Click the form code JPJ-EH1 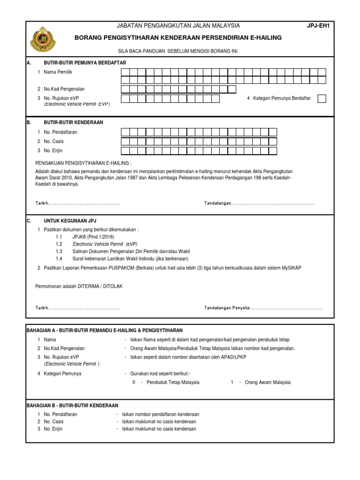pyautogui.click(x=318, y=26)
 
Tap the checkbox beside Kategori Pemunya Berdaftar pyautogui.click(x=322, y=98)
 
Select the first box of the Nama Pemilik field pyautogui.click(x=125, y=72)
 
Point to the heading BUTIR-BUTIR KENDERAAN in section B pyautogui.click(x=73, y=122)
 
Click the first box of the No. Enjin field pyautogui.click(x=125, y=150)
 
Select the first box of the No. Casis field pyautogui.click(x=125, y=141)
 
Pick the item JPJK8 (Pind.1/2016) pyautogui.click(x=93, y=237)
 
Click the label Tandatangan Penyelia pyautogui.click(x=226, y=308)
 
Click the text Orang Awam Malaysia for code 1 pyautogui.click(x=268, y=382)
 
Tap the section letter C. pyautogui.click(x=29, y=220)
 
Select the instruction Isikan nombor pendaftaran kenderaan pyautogui.click(x=160, y=414)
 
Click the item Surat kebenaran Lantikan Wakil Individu pyautogui.click(x=130, y=258)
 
